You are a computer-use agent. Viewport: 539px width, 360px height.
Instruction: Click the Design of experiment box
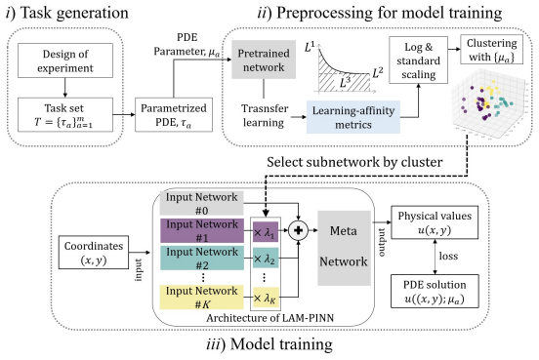[65, 60]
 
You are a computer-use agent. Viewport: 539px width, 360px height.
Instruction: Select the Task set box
[65, 115]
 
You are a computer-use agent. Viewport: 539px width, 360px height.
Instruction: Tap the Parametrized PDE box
[174, 115]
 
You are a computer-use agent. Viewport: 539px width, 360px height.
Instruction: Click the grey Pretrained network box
[264, 60]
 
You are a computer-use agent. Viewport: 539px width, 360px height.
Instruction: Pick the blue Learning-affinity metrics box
[353, 117]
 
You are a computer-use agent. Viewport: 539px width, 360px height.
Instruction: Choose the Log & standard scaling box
[418, 60]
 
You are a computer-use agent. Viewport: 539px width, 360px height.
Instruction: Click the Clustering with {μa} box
[491, 49]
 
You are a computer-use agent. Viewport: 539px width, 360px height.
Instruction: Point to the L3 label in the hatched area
[346, 82]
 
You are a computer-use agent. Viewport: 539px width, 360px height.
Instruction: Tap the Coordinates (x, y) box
[94, 252]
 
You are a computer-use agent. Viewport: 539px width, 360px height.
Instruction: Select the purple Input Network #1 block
[202, 231]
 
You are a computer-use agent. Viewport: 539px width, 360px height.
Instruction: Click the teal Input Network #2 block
[202, 258]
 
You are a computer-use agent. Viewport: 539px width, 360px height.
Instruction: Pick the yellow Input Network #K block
[202, 298]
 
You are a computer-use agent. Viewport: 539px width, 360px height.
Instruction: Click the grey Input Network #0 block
[202, 203]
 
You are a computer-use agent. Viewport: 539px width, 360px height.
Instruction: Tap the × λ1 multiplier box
[266, 231]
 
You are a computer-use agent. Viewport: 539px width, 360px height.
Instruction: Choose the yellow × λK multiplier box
[266, 298]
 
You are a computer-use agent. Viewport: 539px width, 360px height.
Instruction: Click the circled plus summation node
[298, 230]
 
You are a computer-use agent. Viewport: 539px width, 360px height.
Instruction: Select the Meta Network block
[344, 248]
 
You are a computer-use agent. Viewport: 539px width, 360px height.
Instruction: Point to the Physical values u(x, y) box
[435, 222]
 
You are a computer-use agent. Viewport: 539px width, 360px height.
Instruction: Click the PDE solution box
[435, 291]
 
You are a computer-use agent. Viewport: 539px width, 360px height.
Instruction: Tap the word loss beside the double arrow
[448, 256]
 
